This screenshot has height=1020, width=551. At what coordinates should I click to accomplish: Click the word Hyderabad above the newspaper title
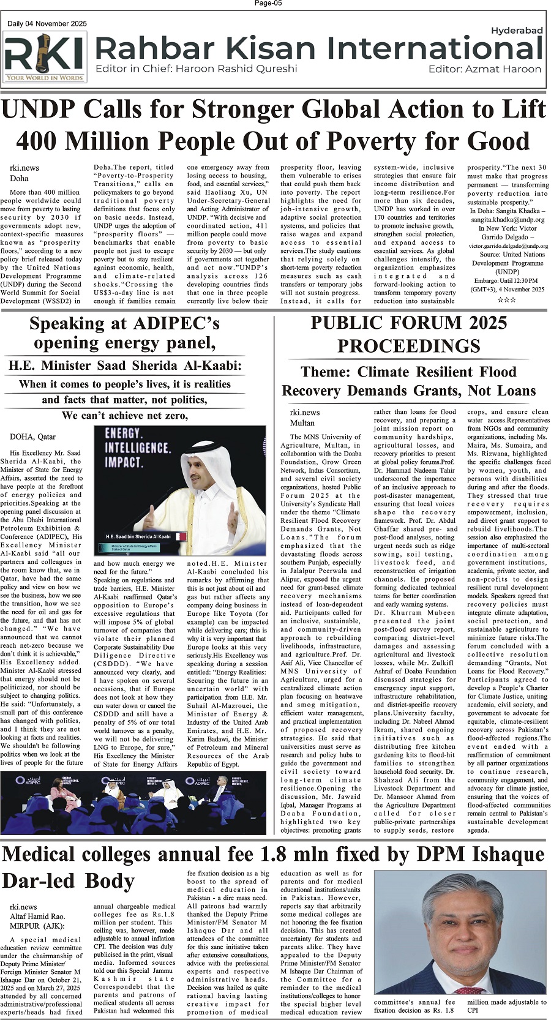tap(517, 30)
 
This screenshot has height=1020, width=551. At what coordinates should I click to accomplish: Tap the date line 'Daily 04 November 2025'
tap(47, 24)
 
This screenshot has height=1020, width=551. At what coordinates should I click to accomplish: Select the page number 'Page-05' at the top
tap(268, 4)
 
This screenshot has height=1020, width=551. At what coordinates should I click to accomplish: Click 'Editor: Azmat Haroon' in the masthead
tap(485, 69)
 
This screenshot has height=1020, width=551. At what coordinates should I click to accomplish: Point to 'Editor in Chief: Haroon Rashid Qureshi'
tap(197, 69)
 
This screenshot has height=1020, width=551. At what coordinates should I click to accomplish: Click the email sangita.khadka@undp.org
tap(508, 219)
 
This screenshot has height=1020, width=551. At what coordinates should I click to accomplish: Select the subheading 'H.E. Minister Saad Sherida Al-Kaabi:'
tap(125, 366)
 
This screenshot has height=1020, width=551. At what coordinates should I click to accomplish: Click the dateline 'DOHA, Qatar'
tap(32, 437)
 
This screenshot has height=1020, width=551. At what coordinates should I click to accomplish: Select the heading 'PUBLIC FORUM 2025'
tap(408, 323)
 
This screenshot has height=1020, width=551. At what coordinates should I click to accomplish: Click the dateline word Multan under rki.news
tap(302, 422)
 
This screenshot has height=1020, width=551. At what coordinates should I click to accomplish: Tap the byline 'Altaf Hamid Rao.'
tap(37, 917)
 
